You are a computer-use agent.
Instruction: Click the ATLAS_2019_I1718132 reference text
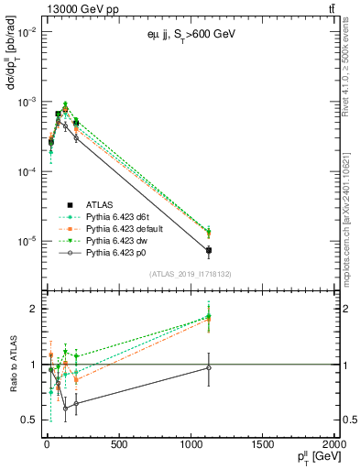(188, 274)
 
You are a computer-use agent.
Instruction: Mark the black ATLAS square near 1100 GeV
(209, 250)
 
